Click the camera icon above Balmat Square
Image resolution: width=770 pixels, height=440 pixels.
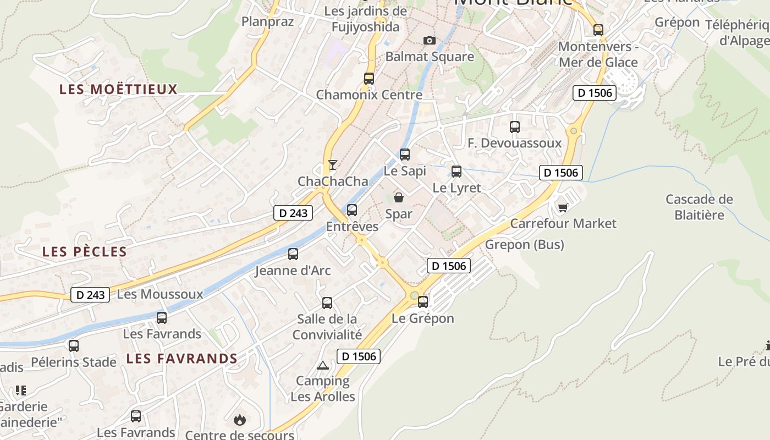[x=430, y=41]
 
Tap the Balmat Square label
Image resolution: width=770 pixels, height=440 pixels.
[x=430, y=57]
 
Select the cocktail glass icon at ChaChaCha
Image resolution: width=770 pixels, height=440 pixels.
[x=332, y=164]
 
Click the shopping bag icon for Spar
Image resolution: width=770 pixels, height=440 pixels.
[x=399, y=197]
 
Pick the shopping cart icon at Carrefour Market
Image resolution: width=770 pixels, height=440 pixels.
[x=563, y=207]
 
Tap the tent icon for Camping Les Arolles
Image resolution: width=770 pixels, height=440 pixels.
[x=322, y=365]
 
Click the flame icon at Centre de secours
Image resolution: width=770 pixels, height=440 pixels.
[x=239, y=420]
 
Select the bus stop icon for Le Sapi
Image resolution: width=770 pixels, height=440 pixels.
[x=405, y=155]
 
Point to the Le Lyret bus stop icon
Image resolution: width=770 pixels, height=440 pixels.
[x=457, y=172]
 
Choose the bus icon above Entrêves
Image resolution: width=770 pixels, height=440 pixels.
[x=352, y=210]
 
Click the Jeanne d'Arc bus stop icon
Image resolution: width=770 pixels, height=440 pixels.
[x=293, y=254]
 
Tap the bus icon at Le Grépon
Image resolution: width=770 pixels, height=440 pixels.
[x=423, y=302]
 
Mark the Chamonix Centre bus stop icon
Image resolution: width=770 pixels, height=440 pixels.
[x=369, y=79]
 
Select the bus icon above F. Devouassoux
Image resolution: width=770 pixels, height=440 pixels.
[x=515, y=127]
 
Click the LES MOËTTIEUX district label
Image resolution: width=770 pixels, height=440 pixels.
[x=119, y=89]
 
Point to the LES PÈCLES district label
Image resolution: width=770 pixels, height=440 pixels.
[x=85, y=252]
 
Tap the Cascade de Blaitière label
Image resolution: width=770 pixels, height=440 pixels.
[x=699, y=207]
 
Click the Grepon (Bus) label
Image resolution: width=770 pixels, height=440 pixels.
[x=525, y=245]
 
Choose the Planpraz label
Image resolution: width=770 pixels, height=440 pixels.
[x=268, y=22]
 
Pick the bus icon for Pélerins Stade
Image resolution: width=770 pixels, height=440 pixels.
[x=74, y=346]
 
